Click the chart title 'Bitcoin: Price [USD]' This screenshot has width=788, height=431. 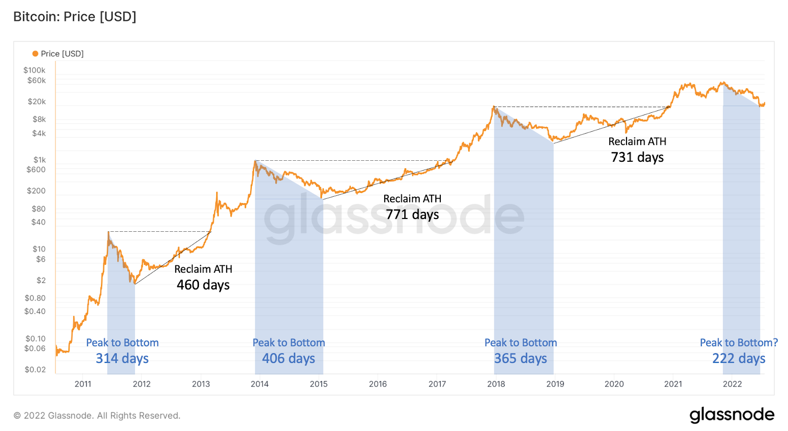pos(74,17)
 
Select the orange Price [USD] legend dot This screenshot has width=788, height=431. pos(35,54)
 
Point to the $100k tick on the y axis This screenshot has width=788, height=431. pos(34,70)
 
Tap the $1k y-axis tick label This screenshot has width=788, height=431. pos(39,160)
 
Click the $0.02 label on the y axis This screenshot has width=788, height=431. pos(35,369)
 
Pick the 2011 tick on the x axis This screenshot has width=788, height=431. pos(83,384)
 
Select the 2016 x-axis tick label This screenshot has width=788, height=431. pos(378,384)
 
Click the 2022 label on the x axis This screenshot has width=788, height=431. pos(732,384)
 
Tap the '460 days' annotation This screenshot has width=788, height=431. pos(203,285)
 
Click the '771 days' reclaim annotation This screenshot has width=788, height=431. pos(412,215)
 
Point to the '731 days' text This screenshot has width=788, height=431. pos(637,157)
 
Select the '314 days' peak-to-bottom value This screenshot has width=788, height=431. pos(122,359)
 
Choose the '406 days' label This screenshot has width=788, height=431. pos(289,359)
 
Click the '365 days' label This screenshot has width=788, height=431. pos(521,359)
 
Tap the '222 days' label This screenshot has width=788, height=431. pos(739,359)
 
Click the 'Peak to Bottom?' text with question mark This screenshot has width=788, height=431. pos(739,343)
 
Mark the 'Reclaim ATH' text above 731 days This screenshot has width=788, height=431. pos(637,142)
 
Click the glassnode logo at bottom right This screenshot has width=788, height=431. pos(732,415)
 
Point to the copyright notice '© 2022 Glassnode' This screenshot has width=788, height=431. pos(97,416)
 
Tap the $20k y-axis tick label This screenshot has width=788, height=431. pos(36,102)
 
